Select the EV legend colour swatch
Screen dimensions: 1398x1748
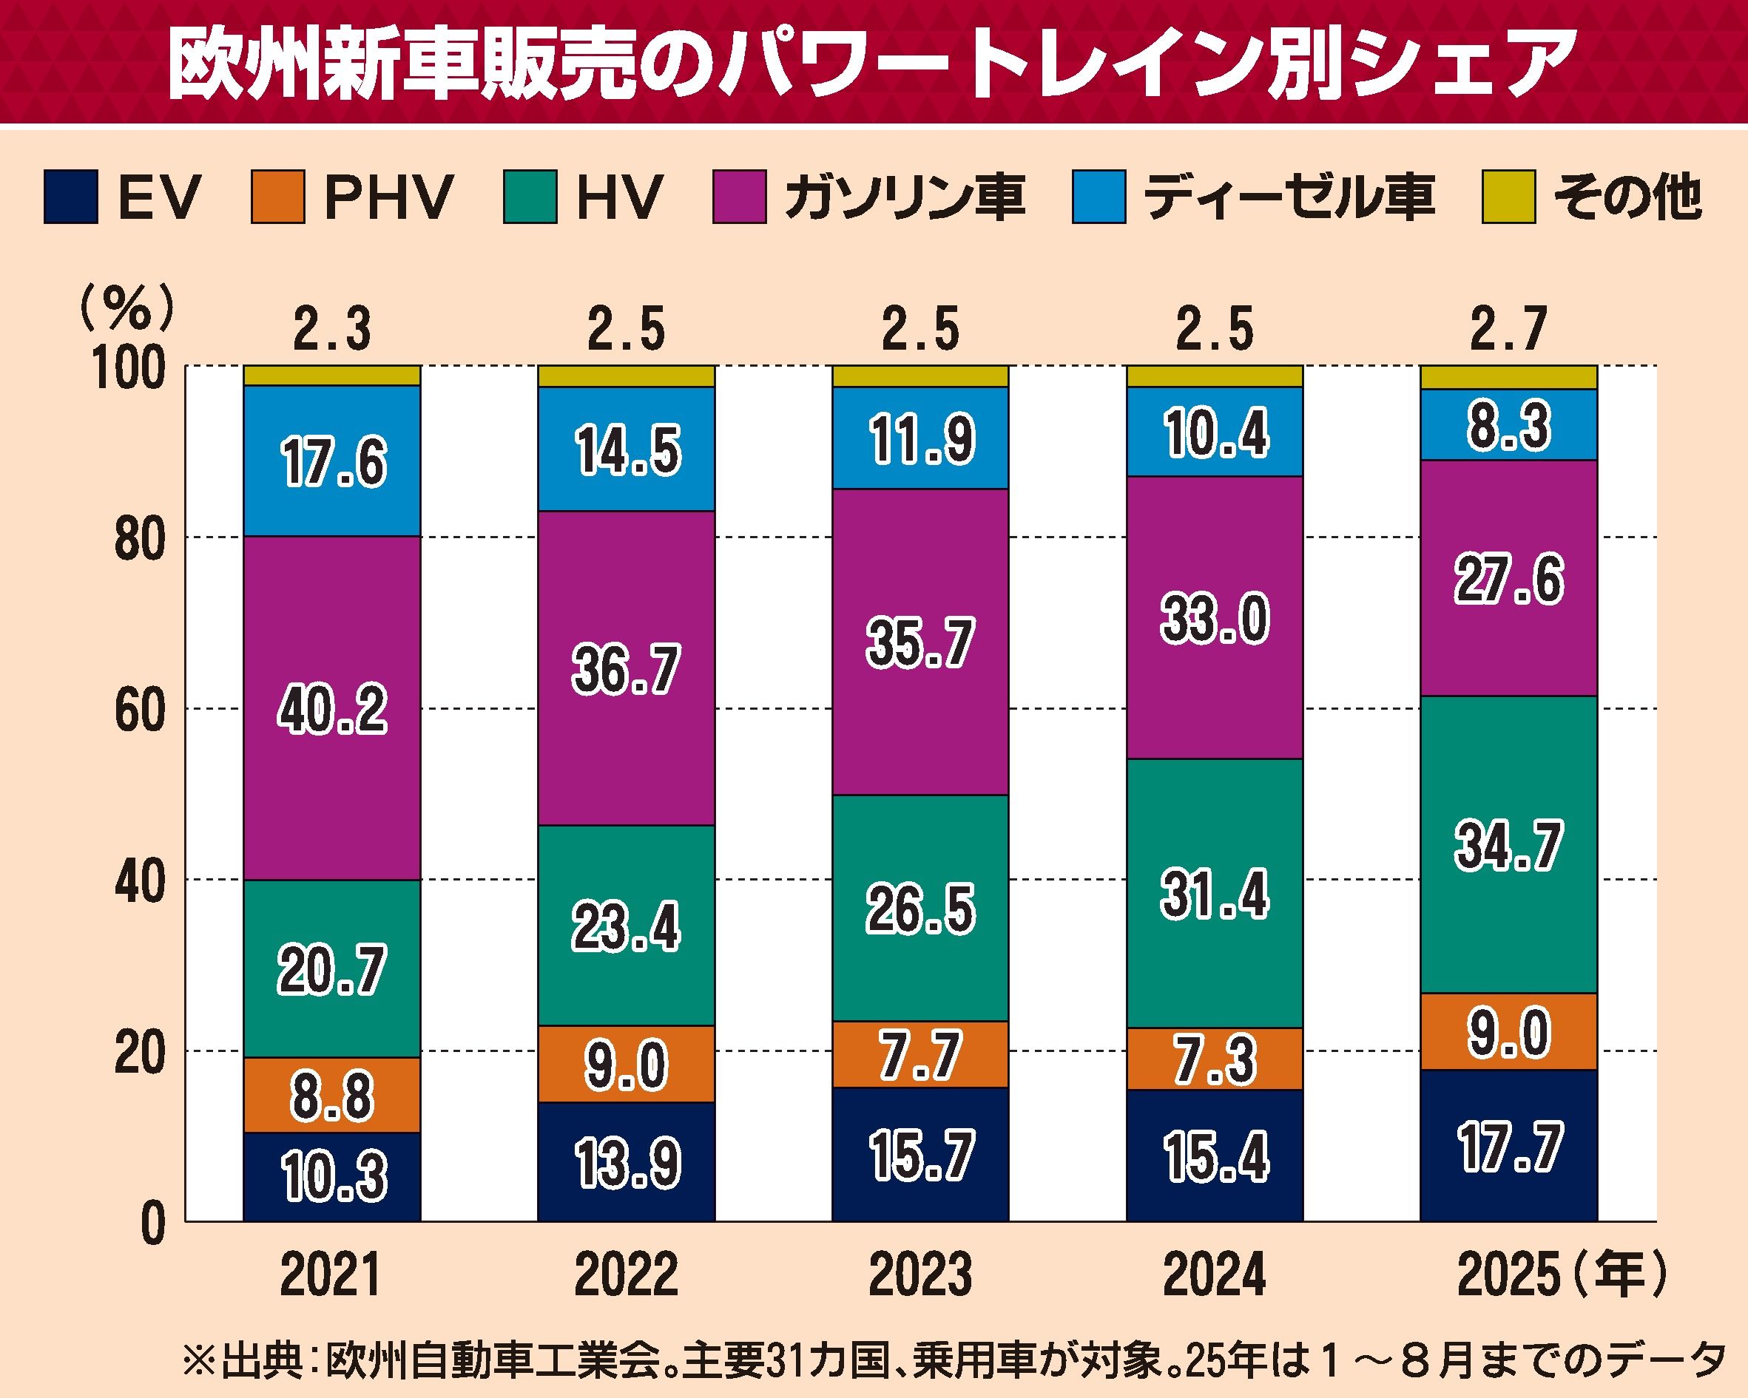click(70, 196)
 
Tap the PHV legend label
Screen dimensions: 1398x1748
click(388, 196)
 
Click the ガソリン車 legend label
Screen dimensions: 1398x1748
click(904, 196)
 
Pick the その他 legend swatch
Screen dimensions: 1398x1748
click(1508, 196)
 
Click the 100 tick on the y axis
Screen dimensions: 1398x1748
click(129, 370)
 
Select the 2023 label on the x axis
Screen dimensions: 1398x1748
click(920, 1275)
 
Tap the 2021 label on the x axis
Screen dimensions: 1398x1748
click(331, 1275)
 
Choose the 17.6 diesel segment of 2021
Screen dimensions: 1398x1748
click(332, 462)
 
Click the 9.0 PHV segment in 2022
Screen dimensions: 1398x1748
click(626, 1065)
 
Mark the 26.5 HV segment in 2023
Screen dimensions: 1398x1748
click(920, 909)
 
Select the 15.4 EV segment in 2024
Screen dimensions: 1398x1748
click(1215, 1156)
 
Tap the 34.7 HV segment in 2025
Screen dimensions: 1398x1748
click(1508, 845)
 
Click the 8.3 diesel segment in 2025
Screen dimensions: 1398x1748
click(1508, 426)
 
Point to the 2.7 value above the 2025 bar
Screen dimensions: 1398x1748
click(1508, 330)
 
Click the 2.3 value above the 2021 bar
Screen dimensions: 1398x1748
click(331, 330)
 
